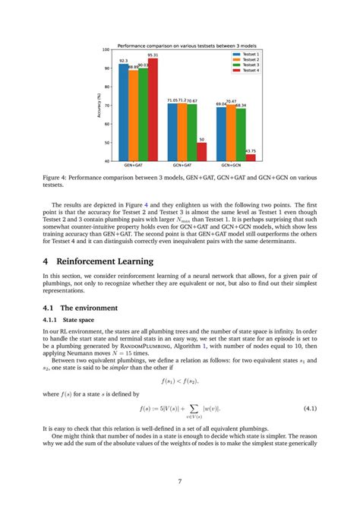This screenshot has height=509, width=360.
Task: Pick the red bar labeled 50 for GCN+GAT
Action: [x=201, y=151]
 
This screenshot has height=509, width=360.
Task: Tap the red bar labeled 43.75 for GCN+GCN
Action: [x=250, y=157]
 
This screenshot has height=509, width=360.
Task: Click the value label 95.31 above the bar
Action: [x=153, y=55]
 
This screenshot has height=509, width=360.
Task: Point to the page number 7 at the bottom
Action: [x=179, y=481]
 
